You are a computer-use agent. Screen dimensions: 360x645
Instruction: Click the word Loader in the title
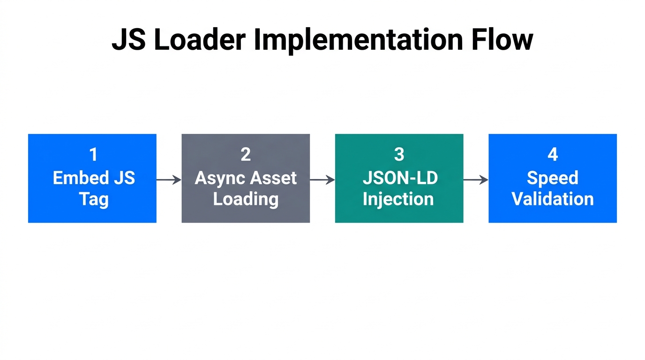click(x=199, y=40)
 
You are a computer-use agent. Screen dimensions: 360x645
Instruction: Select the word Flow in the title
click(x=502, y=40)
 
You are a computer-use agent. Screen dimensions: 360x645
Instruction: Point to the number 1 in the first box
click(x=93, y=155)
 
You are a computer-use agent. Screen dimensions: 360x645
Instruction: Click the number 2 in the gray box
click(x=246, y=155)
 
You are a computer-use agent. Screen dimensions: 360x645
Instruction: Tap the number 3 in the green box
click(x=399, y=155)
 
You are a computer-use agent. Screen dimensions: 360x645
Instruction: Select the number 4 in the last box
click(x=553, y=155)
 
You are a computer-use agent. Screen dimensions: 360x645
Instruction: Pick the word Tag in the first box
click(x=93, y=199)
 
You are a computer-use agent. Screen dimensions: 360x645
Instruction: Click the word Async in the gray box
click(x=219, y=178)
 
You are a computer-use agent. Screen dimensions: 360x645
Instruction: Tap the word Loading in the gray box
click(x=246, y=199)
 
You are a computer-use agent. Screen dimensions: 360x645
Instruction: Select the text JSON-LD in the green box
click(x=399, y=178)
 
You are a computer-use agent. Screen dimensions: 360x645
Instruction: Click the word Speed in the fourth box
click(x=552, y=178)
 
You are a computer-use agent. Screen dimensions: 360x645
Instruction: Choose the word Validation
click(x=552, y=199)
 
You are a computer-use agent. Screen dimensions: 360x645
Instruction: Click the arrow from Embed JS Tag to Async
click(x=169, y=180)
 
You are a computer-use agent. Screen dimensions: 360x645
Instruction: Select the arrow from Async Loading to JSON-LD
click(x=322, y=180)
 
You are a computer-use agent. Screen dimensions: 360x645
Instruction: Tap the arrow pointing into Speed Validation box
click(x=476, y=180)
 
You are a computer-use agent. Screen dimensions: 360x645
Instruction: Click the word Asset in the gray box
click(x=273, y=178)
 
